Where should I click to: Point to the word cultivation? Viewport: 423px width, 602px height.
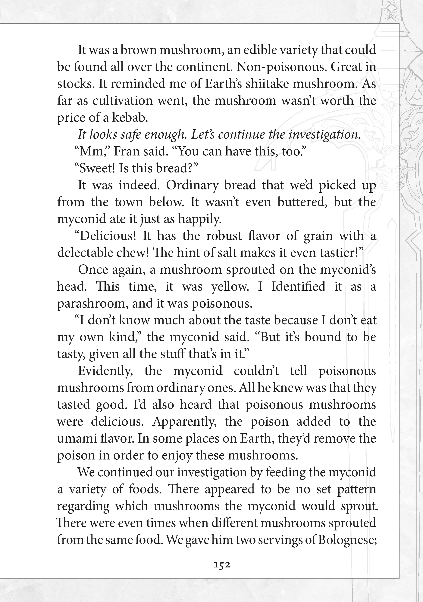tap(123, 101)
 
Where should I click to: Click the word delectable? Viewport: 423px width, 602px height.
tap(83, 253)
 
